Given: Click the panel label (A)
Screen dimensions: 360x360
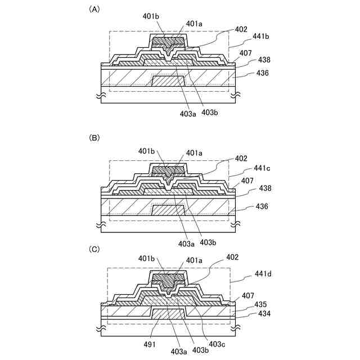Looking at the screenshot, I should (x=94, y=10).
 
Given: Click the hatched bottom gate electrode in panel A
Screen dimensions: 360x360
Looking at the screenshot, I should (x=169, y=81).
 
